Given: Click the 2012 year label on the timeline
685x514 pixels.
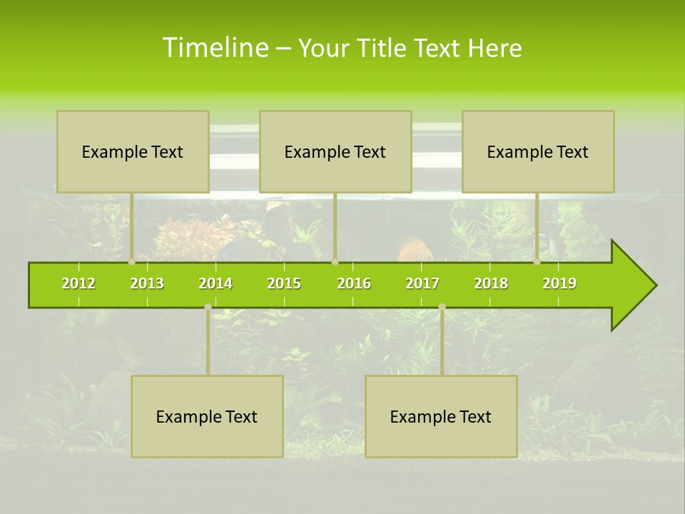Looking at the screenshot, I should [78, 283].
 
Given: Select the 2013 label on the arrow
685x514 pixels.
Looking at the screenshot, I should [147, 283].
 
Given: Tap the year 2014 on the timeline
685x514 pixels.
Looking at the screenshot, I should [215, 283].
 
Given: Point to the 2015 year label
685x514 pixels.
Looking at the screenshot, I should [284, 283].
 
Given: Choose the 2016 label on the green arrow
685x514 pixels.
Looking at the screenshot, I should [354, 283].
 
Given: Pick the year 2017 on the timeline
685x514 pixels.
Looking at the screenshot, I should [422, 283].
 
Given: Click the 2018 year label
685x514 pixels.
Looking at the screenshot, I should [491, 283].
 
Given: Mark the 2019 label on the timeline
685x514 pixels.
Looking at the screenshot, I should [559, 283].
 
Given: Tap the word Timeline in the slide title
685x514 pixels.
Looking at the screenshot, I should [215, 48].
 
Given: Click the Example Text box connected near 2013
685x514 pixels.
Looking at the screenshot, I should [133, 151].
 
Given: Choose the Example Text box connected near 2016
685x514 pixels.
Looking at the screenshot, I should [335, 151].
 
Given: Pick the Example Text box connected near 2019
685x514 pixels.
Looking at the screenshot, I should [538, 151].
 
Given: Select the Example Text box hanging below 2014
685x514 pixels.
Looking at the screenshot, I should [207, 416].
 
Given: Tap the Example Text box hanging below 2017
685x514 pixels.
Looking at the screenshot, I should [441, 416].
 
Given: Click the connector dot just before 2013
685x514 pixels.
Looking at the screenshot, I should [132, 262].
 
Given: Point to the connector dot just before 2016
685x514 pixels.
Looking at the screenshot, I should [335, 262].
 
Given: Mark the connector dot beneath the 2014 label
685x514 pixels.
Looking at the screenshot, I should [208, 307].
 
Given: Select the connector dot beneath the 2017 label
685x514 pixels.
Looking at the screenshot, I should [442, 307].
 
